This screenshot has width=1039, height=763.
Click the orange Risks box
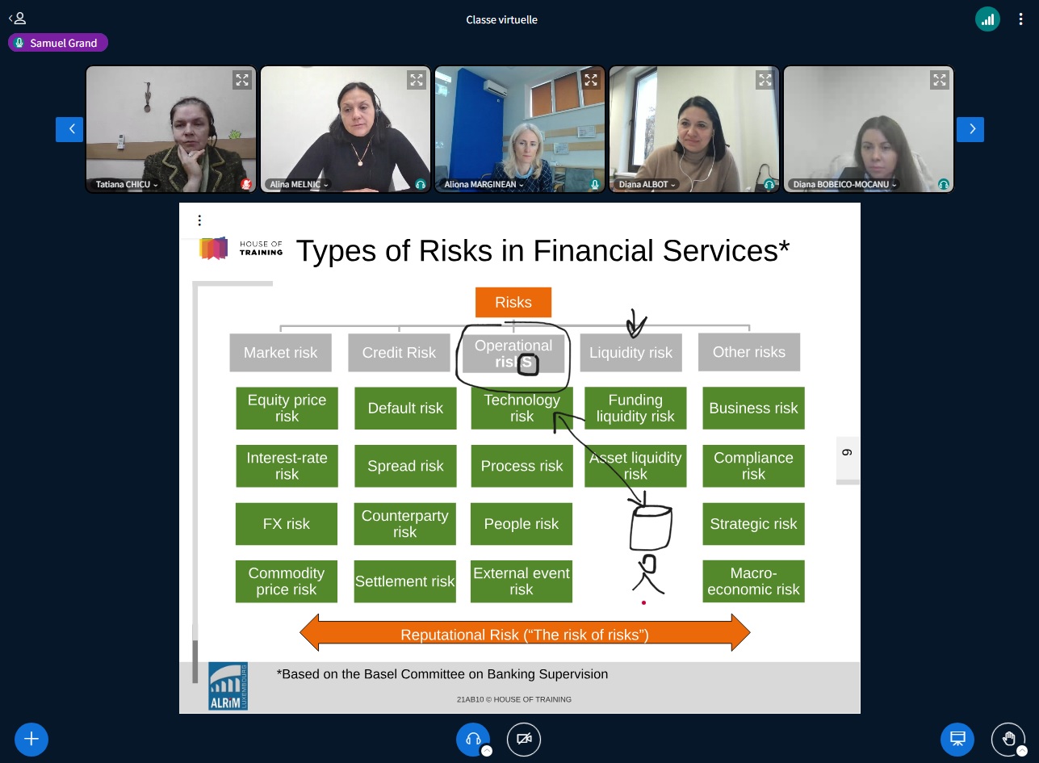513,302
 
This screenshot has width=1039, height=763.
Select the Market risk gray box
280,353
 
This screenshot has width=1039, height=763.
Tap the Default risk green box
405,409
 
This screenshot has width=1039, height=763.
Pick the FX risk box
286,524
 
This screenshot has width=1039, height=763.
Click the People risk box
522,524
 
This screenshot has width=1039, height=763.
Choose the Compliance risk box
753,466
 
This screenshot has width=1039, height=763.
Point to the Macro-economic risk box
753,581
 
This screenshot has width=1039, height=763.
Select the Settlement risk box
405,581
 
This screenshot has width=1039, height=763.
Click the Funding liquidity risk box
635,409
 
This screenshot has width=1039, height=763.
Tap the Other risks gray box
749,352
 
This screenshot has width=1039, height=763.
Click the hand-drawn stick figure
648,575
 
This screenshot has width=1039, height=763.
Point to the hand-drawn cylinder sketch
651,527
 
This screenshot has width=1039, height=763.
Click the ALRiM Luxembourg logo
228,686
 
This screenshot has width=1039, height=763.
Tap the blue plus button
31,739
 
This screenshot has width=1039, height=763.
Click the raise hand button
1008,739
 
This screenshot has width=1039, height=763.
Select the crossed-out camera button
524,739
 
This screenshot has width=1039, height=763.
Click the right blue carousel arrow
970,129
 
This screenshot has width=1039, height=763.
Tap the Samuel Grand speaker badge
58,43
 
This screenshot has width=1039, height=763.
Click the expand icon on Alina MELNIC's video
416,80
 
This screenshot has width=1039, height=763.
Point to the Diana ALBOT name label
646,184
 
